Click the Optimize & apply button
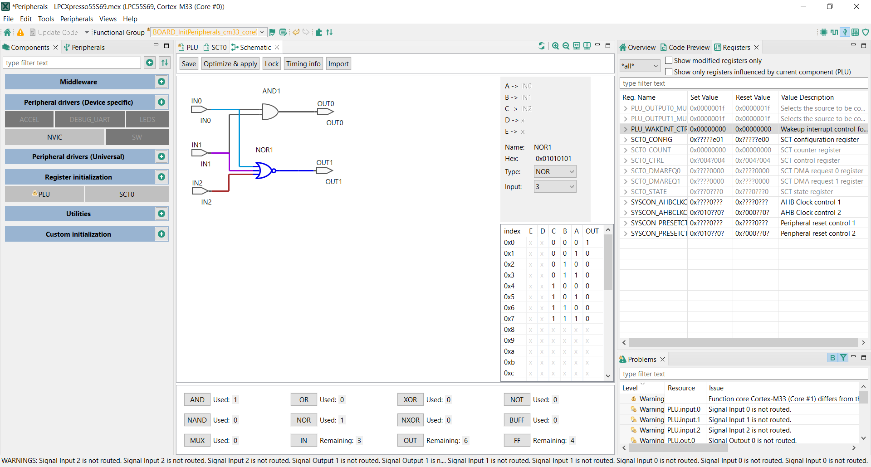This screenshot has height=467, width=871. point(230,64)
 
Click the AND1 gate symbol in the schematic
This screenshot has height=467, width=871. point(270,112)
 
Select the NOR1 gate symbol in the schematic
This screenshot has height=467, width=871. point(264,170)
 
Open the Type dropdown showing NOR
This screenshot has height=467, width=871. point(555,172)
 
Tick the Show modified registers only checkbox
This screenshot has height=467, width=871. point(669,60)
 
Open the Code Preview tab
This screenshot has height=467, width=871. point(685,48)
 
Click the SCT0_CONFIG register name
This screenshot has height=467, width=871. point(651,140)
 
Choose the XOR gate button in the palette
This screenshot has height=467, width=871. point(410,400)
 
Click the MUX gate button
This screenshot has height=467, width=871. point(197,441)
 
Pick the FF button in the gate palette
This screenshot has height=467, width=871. point(517,441)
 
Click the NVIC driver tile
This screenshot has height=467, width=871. point(54,137)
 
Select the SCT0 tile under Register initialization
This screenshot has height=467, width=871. point(127,195)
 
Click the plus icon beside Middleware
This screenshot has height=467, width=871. point(161,82)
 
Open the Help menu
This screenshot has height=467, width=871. point(130,19)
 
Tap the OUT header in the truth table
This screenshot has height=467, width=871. point(592,231)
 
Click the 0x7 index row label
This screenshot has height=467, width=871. point(509,319)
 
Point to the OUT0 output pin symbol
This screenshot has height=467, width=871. point(325,111)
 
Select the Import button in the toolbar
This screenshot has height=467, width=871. point(338,64)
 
